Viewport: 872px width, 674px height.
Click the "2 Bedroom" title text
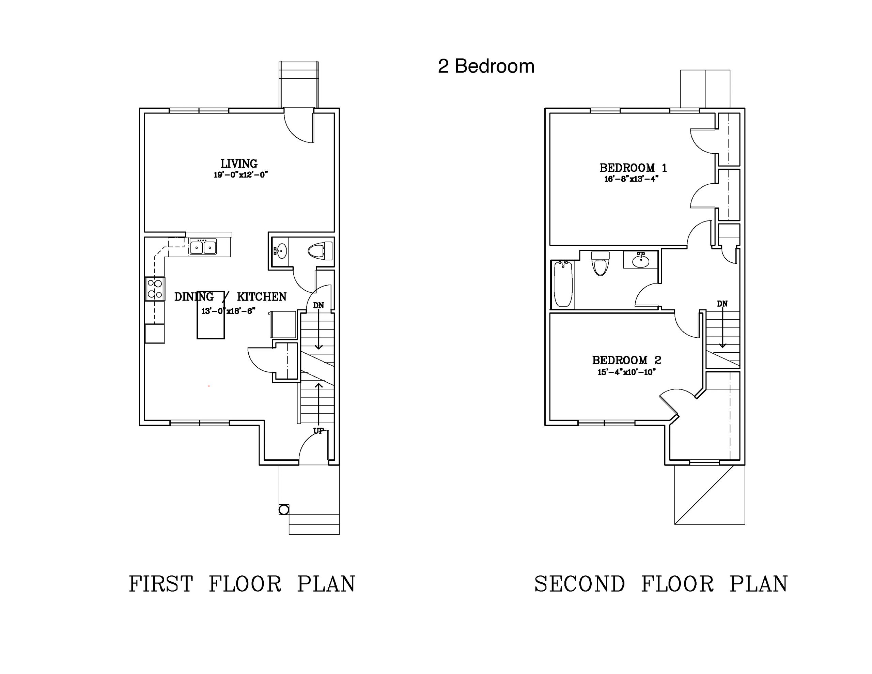tap(486, 66)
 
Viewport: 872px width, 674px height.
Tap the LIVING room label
tap(239, 164)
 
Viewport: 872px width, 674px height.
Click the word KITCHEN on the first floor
tap(262, 297)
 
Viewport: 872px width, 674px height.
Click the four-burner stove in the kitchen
tap(155, 289)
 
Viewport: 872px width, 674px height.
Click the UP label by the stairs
tap(318, 431)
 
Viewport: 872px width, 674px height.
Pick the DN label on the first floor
tap(318, 306)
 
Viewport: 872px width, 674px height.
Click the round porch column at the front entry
tap(283, 509)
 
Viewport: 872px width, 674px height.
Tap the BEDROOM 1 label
tap(633, 168)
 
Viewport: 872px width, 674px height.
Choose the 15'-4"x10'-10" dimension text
tap(626, 372)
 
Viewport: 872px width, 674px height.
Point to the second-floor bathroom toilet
tap(600, 264)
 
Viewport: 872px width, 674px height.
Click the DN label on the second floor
tap(722, 304)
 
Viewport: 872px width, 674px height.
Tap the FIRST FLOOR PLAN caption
tap(242, 584)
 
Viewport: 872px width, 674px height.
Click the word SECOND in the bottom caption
tap(579, 584)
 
